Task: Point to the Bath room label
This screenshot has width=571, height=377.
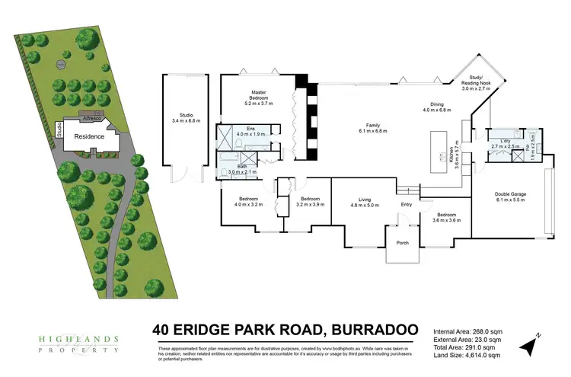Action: (x=241, y=167)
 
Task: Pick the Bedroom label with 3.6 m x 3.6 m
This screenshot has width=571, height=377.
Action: (x=447, y=217)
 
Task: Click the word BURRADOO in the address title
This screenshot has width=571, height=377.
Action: (x=373, y=330)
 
